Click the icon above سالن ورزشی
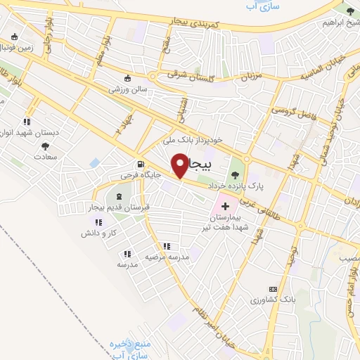pyautogui.click(x=127, y=78)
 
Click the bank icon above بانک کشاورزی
pyautogui.click(x=273, y=289)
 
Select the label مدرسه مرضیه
pyautogui.click(x=167, y=257)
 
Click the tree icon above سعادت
pyautogui.click(x=46, y=146)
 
